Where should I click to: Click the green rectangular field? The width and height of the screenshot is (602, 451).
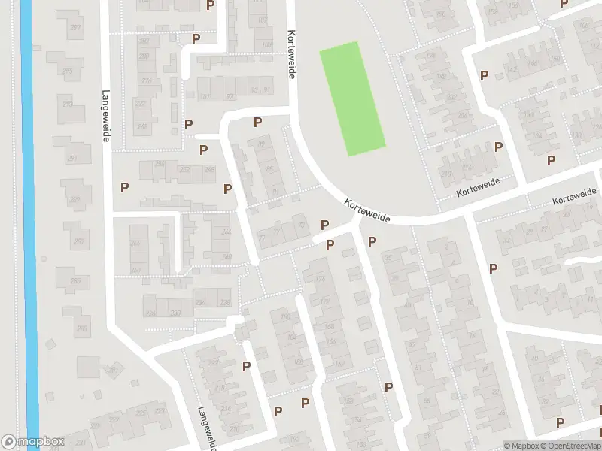tap(352, 98)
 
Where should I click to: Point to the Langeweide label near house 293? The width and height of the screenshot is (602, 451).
tap(106, 117)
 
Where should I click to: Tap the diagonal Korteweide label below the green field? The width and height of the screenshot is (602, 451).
tap(366, 210)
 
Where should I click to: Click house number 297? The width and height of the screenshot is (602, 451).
tap(75, 28)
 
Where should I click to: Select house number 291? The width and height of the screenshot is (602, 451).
tap(73, 159)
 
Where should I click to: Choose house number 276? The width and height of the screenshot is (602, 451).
tap(147, 81)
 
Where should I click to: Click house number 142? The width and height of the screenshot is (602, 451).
tap(512, 70)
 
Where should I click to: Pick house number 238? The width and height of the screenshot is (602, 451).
tap(200, 302)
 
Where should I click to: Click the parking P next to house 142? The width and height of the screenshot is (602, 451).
tap(484, 74)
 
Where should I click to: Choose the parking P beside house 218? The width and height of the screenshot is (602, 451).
tap(246, 366)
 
